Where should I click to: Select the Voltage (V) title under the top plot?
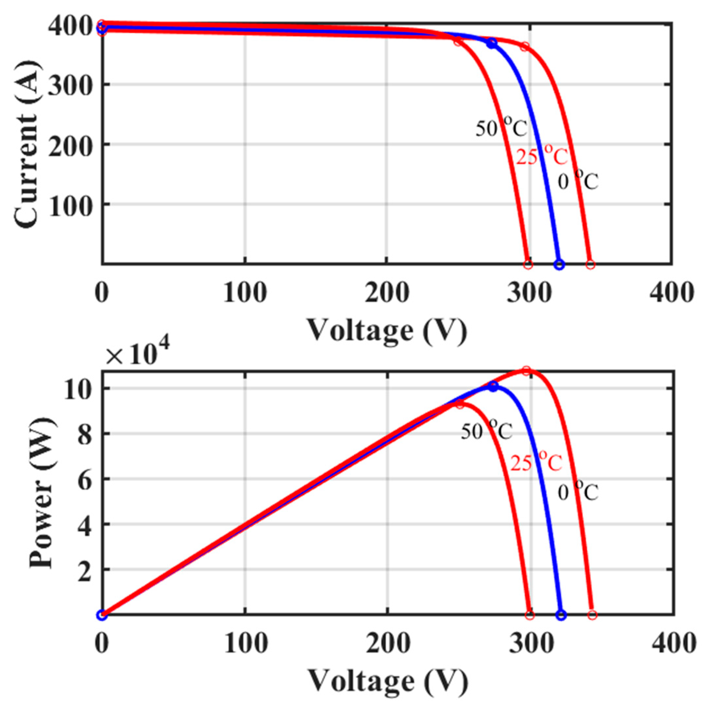tap(387, 330)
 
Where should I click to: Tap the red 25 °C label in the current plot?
tap(542, 156)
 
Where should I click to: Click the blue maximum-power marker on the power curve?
tap(493, 386)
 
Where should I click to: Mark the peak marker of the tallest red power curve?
tap(526, 371)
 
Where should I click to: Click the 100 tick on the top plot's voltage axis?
tap(245, 294)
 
